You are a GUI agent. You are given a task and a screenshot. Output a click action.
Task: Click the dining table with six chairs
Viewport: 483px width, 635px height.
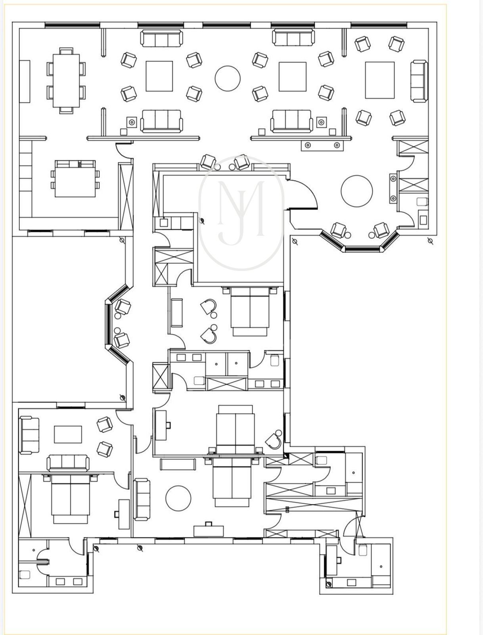(x=66, y=81)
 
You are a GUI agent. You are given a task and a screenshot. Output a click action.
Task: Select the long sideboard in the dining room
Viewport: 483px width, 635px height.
(x=25, y=81)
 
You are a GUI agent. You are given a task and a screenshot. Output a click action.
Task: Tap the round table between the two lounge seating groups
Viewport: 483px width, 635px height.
(x=228, y=79)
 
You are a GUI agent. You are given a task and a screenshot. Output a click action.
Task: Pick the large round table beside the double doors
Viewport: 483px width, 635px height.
(x=356, y=191)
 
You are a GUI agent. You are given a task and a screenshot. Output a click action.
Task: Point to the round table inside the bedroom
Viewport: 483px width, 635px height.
(x=178, y=498)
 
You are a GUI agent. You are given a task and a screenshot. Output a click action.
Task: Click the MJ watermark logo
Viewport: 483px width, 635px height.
(x=241, y=213)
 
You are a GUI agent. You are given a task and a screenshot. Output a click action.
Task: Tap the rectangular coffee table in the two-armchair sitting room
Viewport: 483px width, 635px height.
(x=68, y=434)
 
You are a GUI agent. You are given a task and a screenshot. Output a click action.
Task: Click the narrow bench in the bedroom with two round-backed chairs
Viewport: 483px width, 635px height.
(x=177, y=312)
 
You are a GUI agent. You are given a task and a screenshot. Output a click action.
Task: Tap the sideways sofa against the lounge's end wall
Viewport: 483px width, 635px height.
(x=419, y=81)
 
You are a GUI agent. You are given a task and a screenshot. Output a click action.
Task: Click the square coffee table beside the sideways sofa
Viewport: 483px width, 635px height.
(x=380, y=80)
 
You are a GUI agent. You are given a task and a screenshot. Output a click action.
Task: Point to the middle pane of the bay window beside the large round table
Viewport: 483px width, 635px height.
(x=362, y=248)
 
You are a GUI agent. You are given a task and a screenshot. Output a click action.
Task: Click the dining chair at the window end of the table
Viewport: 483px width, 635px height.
(x=66, y=51)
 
